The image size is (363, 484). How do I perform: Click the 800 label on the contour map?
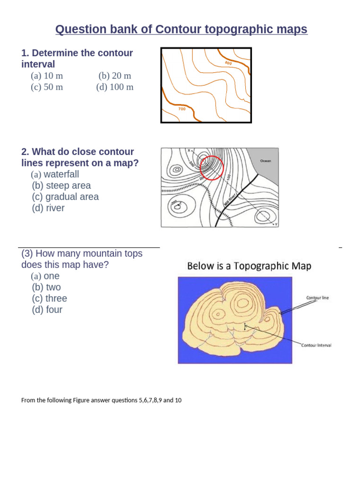coord(228,63)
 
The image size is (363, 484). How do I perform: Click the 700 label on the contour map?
coord(182,109)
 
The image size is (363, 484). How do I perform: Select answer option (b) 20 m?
coord(115,76)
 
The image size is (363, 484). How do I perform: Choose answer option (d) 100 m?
coord(115,87)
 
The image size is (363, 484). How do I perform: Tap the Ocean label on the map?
coord(265,161)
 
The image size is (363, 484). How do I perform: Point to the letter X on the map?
coord(188,151)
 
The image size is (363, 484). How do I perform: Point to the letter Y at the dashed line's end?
coord(276,225)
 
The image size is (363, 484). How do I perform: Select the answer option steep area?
coord(61,186)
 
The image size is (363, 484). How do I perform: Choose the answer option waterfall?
coord(55,174)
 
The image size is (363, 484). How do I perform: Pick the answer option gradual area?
coord(65,197)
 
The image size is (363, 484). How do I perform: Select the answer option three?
coord(50,299)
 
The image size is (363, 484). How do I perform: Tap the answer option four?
coord(47,310)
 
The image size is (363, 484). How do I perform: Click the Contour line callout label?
coord(317,298)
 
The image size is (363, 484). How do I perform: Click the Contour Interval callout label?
coord(316,345)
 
